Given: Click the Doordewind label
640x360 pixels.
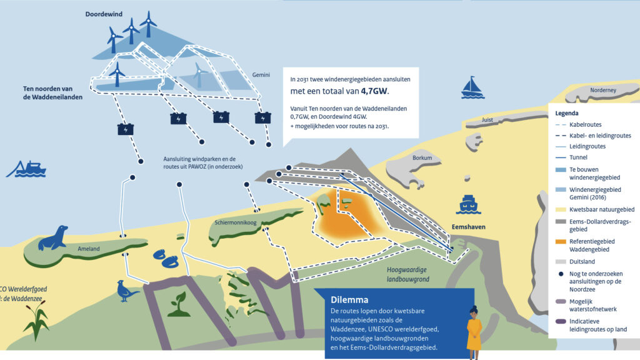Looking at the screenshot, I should (103, 13).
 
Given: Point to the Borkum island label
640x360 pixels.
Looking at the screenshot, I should (422, 158).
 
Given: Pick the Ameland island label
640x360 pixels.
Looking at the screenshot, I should (88, 249).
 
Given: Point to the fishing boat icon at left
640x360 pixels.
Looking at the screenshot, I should (26, 168).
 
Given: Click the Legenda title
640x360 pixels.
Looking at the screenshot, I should (567, 113).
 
